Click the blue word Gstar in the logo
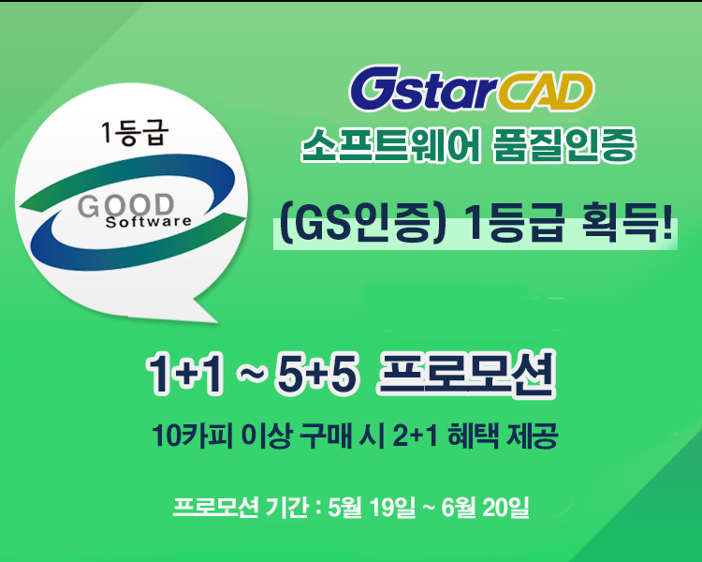click(423, 88)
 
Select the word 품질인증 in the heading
click(564, 144)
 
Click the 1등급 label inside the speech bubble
click(135, 132)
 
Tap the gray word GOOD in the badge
click(125, 206)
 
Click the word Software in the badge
click(149, 222)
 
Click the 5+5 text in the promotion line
click(317, 373)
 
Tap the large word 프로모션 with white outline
click(466, 373)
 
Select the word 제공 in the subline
click(532, 435)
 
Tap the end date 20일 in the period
click(505, 508)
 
